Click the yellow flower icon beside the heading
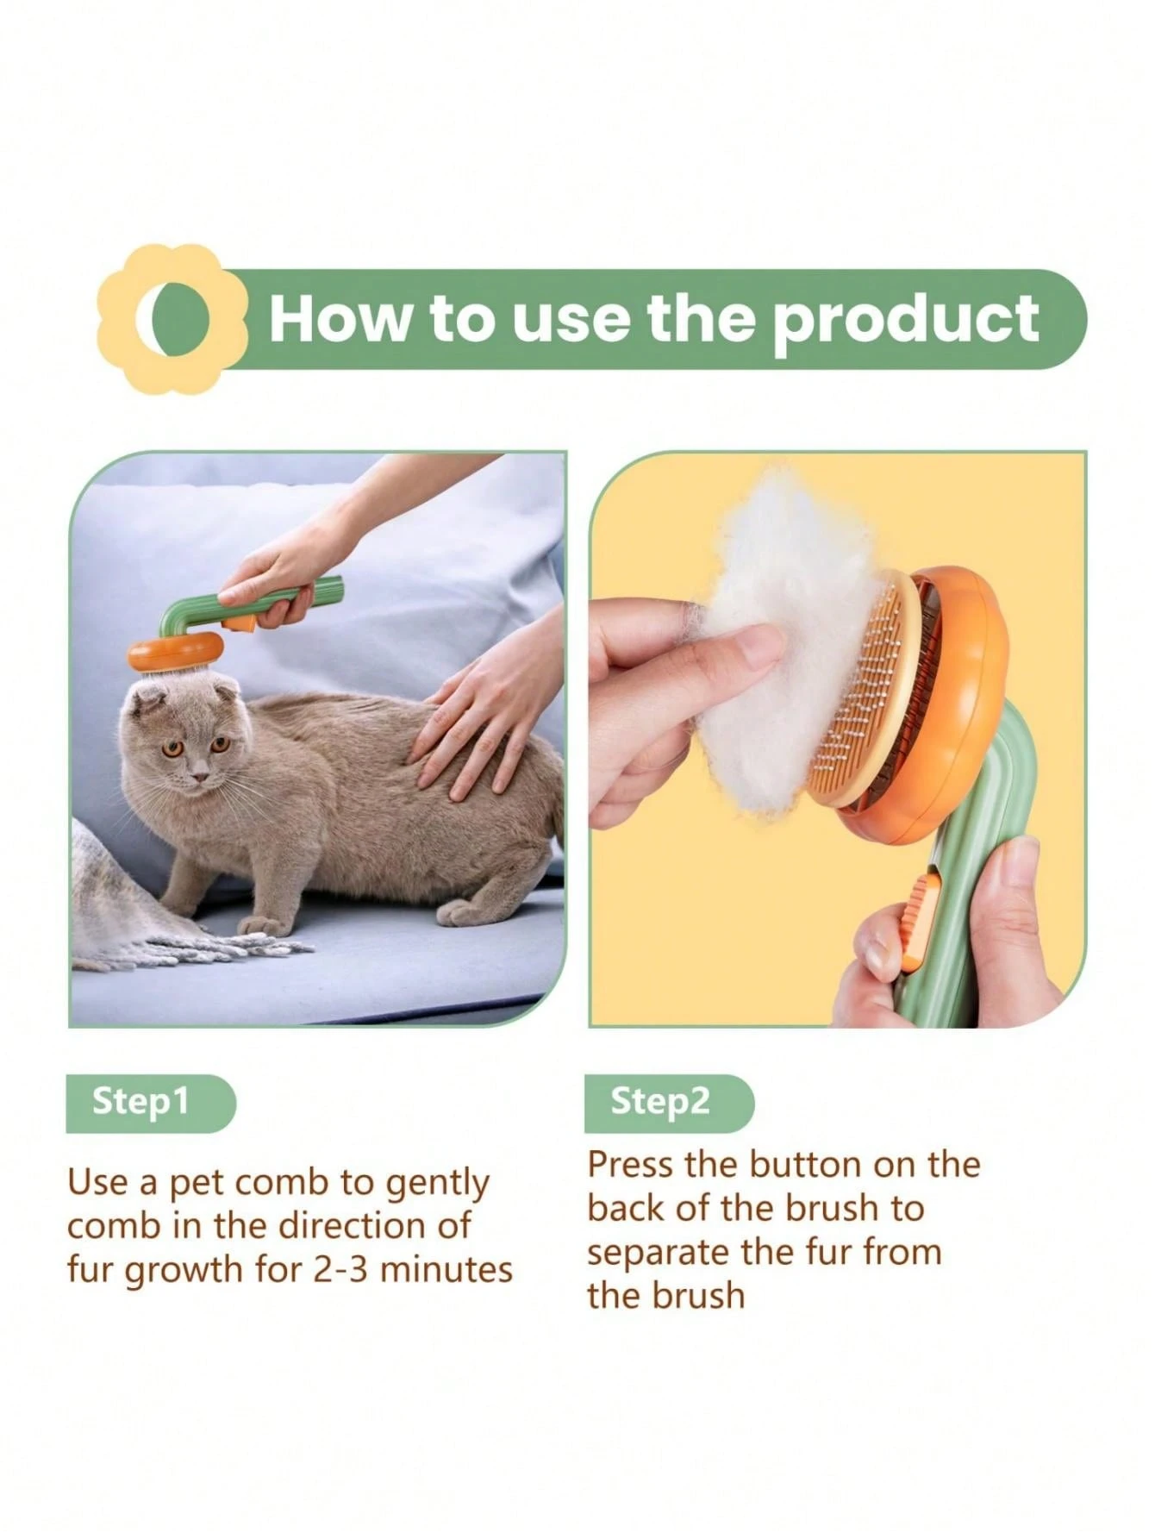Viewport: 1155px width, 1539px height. pyautogui.click(x=172, y=319)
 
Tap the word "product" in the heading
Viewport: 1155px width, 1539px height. pyautogui.click(x=905, y=319)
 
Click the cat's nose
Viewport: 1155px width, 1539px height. pyautogui.click(x=200, y=777)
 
